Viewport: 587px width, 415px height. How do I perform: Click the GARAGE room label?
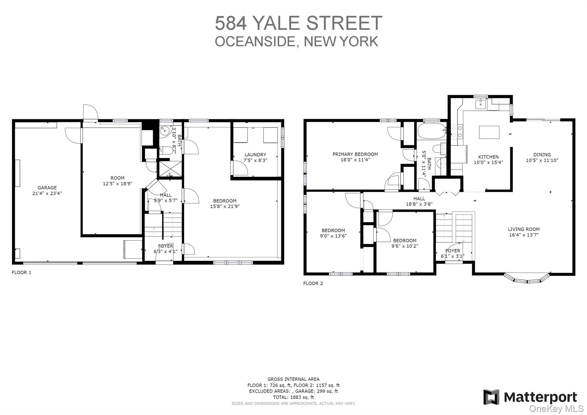[x=47, y=188]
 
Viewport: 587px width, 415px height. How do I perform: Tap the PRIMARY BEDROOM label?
[x=355, y=154]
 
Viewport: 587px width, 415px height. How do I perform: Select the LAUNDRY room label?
[x=255, y=155]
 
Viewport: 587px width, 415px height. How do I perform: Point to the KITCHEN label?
[x=488, y=157]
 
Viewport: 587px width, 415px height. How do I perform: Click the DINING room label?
[x=542, y=155]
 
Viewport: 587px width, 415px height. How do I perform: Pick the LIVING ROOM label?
[x=524, y=229]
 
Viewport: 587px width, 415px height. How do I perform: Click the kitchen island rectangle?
[x=489, y=132]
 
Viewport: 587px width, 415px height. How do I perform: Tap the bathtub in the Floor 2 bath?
[x=431, y=131]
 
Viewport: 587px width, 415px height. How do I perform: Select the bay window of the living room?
[x=527, y=278]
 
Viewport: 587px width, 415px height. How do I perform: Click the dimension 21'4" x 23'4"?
[x=47, y=193]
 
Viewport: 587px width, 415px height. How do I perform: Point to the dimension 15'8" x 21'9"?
[x=225, y=206]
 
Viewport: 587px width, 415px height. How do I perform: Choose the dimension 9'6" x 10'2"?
[x=405, y=246]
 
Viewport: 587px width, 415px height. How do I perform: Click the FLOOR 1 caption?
[x=21, y=272]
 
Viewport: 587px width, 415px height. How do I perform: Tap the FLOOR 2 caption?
[x=313, y=283]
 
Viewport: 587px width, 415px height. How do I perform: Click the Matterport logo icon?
[x=491, y=397]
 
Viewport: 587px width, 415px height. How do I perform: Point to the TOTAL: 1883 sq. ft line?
[x=293, y=397]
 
